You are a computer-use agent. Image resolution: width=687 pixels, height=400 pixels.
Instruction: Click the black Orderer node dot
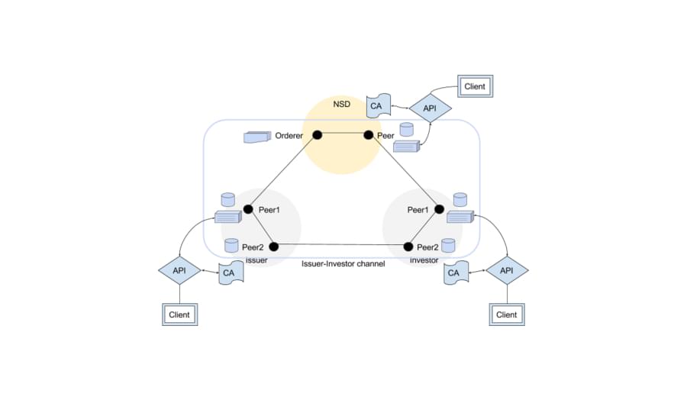point(318,135)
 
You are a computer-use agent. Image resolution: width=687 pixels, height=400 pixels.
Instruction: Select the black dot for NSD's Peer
point(369,135)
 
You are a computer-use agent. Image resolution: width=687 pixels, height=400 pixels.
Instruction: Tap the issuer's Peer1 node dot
point(248,209)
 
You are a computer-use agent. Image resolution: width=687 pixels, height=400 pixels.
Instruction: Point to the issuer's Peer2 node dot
point(273,247)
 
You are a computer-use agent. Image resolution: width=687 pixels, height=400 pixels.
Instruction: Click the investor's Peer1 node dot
point(439,209)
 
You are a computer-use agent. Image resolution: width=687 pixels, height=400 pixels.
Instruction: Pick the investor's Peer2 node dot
point(408,247)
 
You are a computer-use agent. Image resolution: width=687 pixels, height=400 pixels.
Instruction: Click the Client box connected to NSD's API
point(475,86)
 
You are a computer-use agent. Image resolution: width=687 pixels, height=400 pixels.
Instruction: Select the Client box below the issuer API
point(179,315)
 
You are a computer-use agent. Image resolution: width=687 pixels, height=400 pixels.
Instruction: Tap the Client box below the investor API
point(507,315)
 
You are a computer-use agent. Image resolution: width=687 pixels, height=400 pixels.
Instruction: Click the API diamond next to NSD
point(431,108)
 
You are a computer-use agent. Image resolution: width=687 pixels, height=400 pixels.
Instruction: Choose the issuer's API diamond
point(179,270)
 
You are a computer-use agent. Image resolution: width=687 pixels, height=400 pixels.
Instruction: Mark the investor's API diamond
point(507,270)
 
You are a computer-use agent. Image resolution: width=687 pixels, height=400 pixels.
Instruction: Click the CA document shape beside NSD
point(378,105)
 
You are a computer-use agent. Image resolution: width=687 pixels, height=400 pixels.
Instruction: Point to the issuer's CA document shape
point(231,273)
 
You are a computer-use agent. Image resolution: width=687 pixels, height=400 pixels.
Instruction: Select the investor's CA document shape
point(456,273)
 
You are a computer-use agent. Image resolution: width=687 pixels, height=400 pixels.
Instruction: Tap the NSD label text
point(342,104)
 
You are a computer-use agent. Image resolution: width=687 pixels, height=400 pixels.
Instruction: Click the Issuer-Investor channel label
point(343,264)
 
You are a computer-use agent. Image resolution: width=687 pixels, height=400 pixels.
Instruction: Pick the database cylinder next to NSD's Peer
point(407,130)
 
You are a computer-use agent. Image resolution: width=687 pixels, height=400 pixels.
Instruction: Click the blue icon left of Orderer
point(257,137)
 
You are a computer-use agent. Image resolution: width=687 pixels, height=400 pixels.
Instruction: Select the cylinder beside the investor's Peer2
point(448,245)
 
